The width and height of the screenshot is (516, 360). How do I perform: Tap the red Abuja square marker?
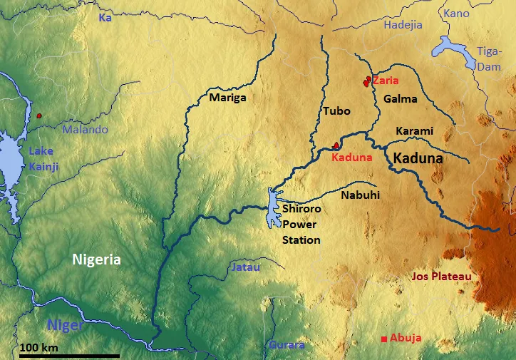[x=385, y=339]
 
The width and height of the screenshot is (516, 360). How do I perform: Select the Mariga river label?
[x=227, y=98]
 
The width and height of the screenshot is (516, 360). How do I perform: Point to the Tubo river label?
[x=336, y=111]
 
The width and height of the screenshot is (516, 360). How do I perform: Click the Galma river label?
[x=400, y=99]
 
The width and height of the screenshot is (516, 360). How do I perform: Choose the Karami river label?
[x=414, y=131]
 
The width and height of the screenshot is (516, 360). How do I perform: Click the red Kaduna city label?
[x=351, y=158]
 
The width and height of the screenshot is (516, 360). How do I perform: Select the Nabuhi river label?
[x=360, y=194]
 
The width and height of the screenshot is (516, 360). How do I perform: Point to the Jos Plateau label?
[x=442, y=276]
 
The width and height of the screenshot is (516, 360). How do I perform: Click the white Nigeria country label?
[x=96, y=260]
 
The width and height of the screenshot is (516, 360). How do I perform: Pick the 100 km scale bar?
[x=59, y=355]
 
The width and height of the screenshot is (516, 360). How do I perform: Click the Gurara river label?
[x=287, y=346]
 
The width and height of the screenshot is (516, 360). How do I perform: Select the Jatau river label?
[x=246, y=267]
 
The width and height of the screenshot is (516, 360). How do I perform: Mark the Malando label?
[x=85, y=130]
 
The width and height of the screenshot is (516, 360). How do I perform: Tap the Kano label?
[x=456, y=14]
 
